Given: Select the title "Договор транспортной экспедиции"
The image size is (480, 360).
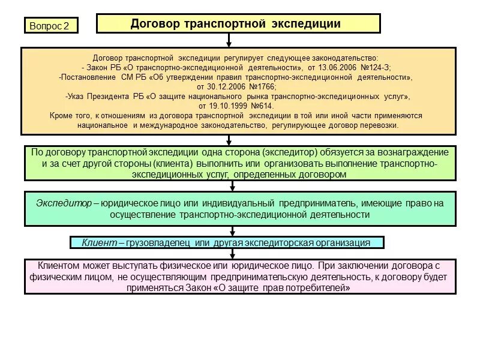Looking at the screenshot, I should coord(236,23).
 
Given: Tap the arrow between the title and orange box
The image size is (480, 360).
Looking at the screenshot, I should coord(229,40).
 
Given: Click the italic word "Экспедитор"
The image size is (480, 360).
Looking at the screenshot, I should coord(64,203).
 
